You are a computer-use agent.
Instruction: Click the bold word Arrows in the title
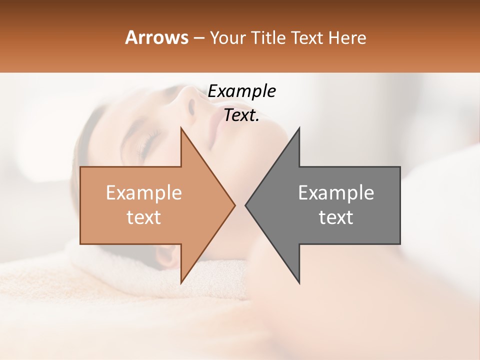click(156, 37)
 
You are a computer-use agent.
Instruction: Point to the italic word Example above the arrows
click(241, 91)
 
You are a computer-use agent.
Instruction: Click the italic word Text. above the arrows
click(241, 115)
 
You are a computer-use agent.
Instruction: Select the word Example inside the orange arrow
click(143, 192)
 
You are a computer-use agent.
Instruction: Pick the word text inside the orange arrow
click(143, 217)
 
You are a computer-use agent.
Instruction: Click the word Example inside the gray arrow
click(336, 192)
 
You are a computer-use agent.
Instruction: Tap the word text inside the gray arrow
click(336, 217)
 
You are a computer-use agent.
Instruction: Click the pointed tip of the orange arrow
click(234, 205)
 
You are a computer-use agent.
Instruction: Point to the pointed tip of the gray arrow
click(246, 205)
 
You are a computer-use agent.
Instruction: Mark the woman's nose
click(191, 102)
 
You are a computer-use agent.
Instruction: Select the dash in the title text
click(198, 38)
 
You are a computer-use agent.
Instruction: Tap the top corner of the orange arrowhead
click(181, 128)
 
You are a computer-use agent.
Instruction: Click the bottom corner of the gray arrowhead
click(299, 283)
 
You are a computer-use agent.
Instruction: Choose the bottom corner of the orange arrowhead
click(181, 282)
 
